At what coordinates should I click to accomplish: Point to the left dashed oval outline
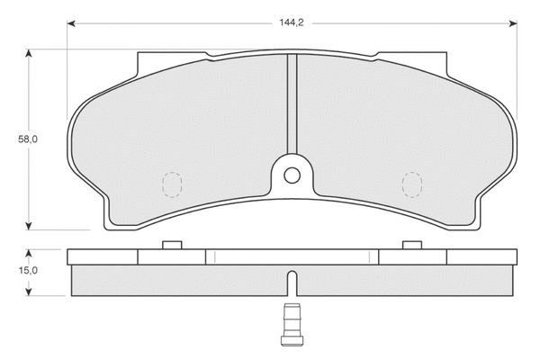pyautogui.click(x=170, y=184)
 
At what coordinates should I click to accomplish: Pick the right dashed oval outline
pyautogui.click(x=411, y=184)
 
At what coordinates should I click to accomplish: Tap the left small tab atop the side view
pyautogui.click(x=171, y=245)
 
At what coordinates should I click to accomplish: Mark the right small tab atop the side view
pyautogui.click(x=411, y=245)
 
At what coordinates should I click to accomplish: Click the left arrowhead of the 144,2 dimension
pyautogui.click(x=71, y=22)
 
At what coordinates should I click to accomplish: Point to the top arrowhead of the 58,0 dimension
pyautogui.click(x=29, y=55)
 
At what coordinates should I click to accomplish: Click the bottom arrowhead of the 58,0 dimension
pyautogui.click(x=29, y=225)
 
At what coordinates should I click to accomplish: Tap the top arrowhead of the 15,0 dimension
pyautogui.click(x=29, y=253)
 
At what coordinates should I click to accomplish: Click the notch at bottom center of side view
pyautogui.click(x=291, y=283)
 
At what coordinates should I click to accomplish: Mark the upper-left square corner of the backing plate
pyautogui.click(x=139, y=57)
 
